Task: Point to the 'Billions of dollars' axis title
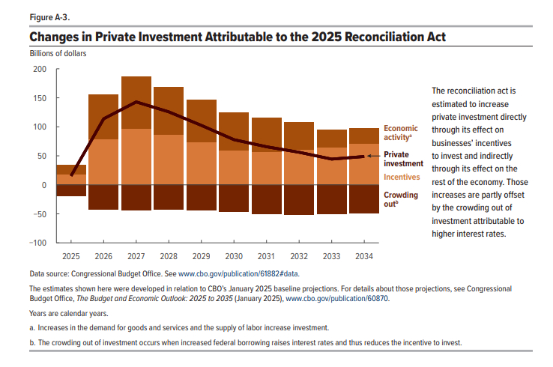click(x=58, y=53)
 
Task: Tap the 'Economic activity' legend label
click(x=400, y=133)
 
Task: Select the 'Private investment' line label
click(x=404, y=158)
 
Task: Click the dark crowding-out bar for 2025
click(x=71, y=190)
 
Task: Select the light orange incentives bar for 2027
click(x=136, y=157)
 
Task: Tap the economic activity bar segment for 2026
click(x=103, y=117)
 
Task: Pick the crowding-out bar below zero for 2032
click(x=299, y=199)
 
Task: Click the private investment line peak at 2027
click(x=136, y=102)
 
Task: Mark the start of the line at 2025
click(x=71, y=175)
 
